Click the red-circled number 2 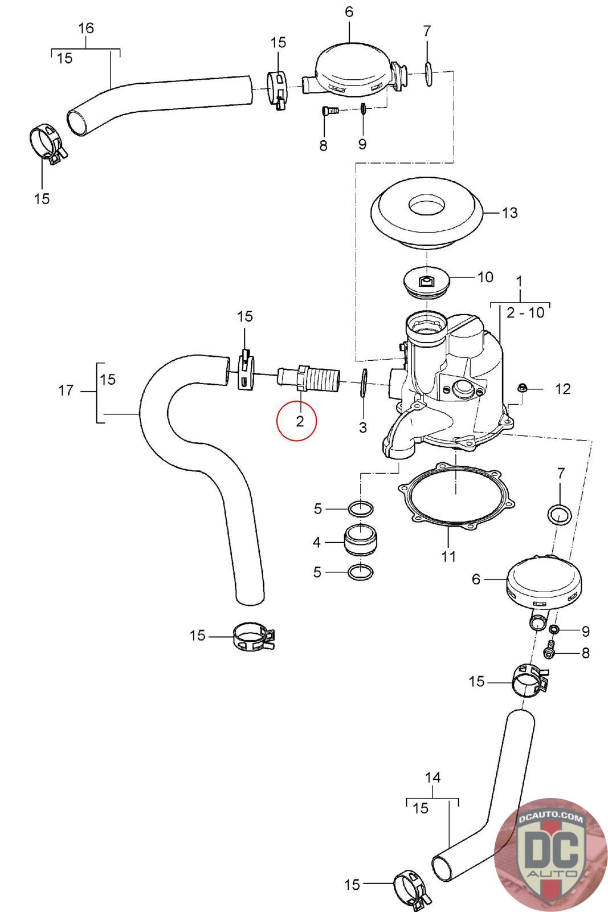[x=300, y=421]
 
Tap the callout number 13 [x=509, y=213]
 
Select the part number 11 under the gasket [x=448, y=556]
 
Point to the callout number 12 [x=563, y=389]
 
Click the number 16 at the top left [x=86, y=28]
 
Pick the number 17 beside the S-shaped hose [x=66, y=391]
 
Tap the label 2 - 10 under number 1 [x=525, y=313]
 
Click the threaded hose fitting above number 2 [x=308, y=380]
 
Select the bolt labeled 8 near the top [x=329, y=111]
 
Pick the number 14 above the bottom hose [x=432, y=777]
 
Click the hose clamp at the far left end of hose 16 [x=48, y=145]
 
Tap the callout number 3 [x=362, y=427]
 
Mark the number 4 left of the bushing [x=317, y=542]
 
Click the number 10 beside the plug [x=485, y=277]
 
